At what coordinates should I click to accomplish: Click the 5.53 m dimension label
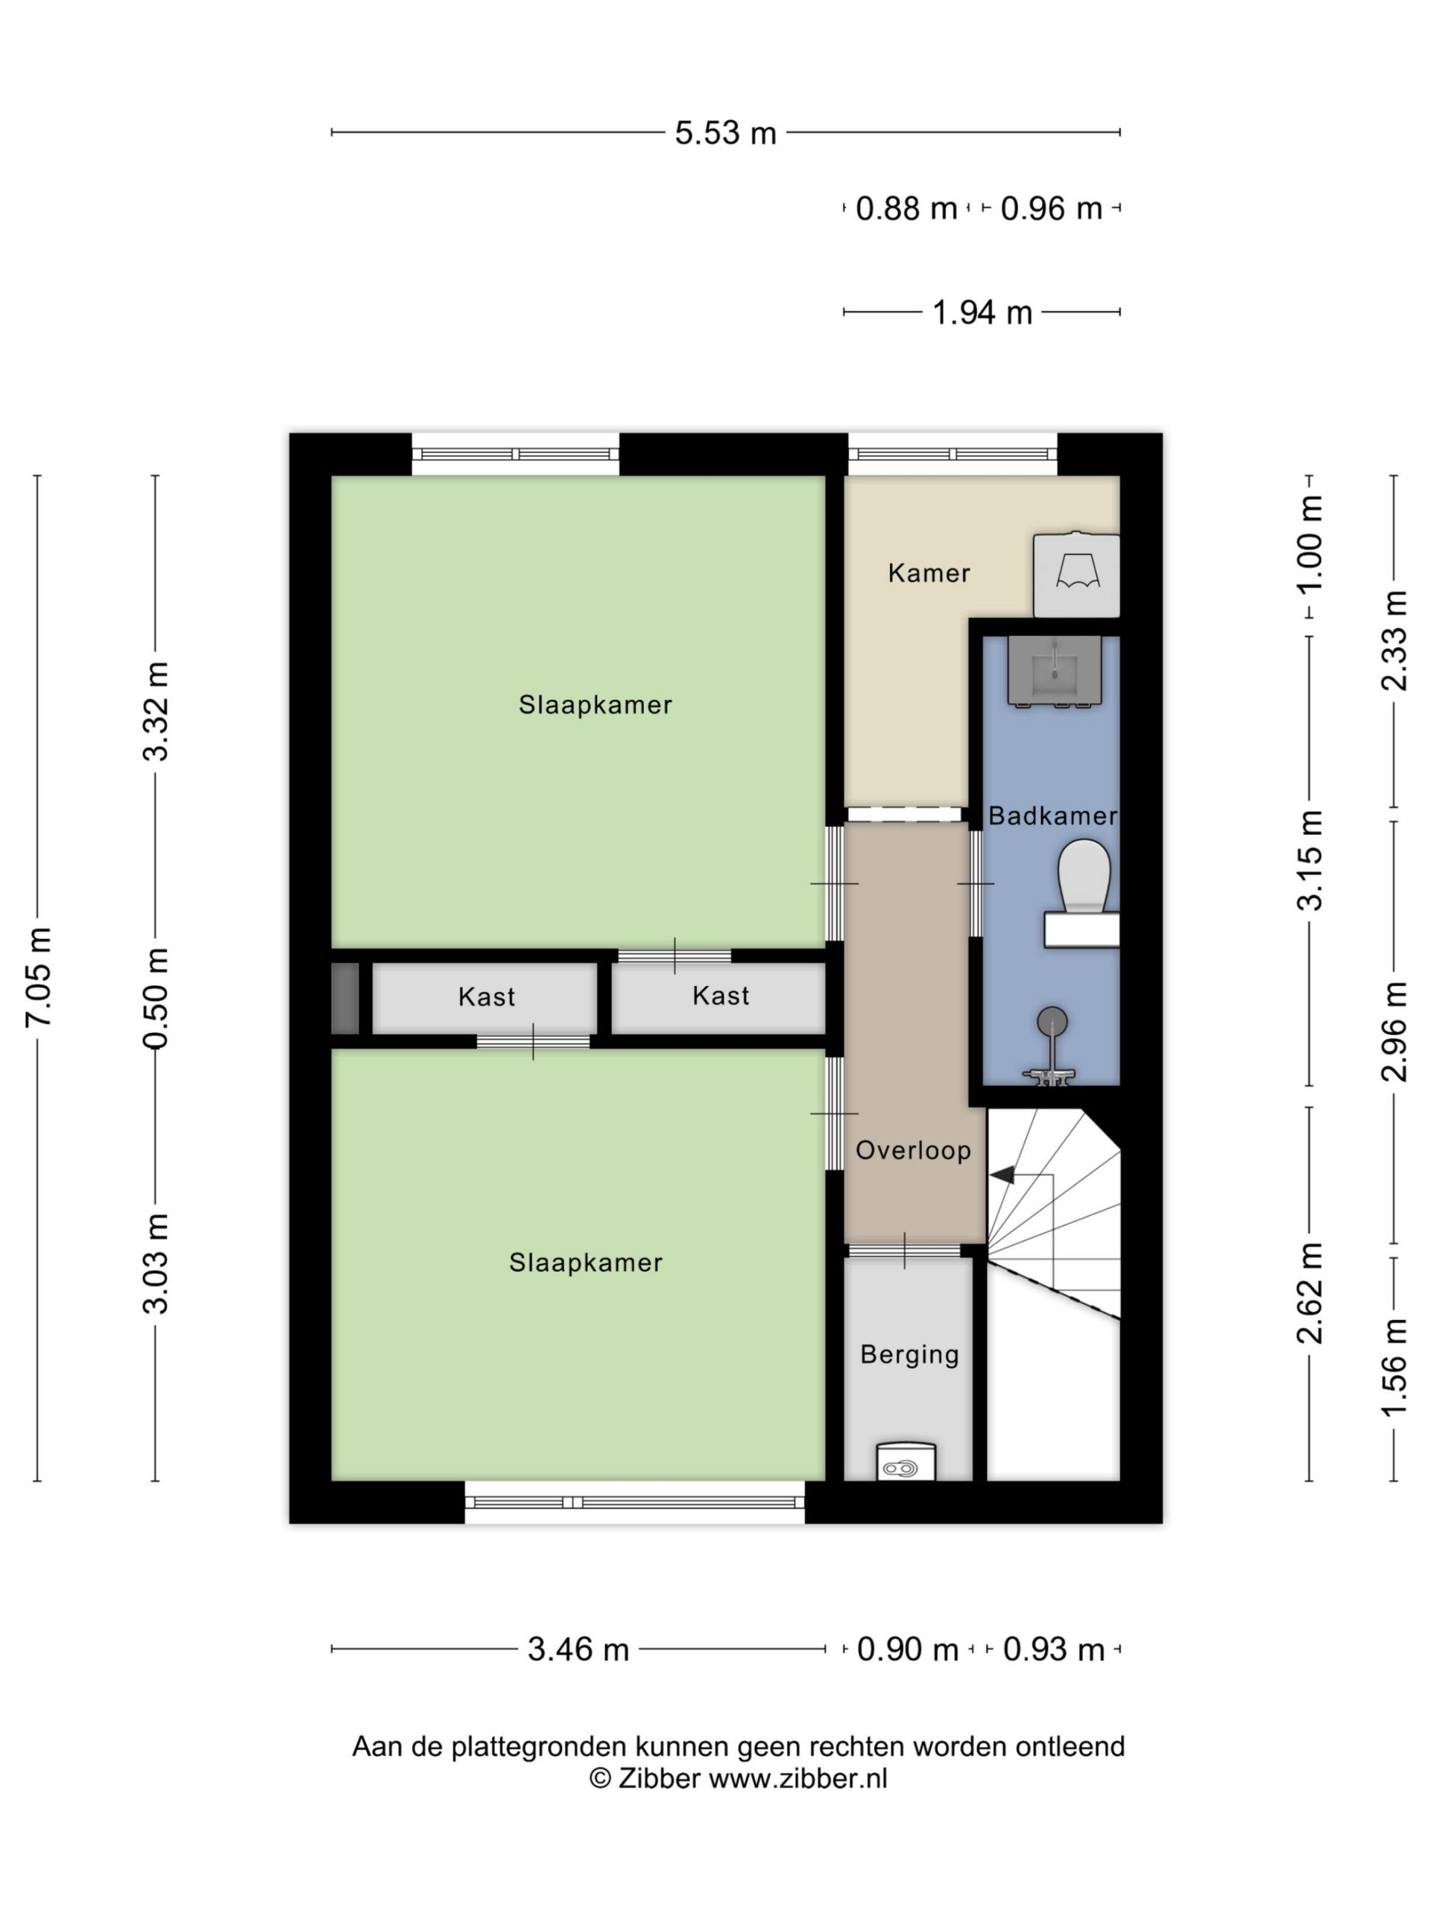coord(725,133)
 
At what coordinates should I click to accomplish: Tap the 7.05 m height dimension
coord(39,976)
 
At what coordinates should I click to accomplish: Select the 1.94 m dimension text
coord(982,312)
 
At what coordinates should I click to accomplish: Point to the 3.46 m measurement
coord(578,1649)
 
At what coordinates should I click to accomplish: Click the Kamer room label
coord(929,572)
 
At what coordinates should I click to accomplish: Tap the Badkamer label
coord(1052,815)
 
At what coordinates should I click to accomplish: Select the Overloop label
coord(912,1150)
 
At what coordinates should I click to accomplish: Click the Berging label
coord(909,1354)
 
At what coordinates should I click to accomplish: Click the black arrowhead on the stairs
coord(1002,1175)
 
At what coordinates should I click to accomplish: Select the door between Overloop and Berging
coord(904,1251)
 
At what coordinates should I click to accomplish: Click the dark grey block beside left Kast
coord(345,998)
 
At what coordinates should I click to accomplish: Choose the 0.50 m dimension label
coord(156,998)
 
